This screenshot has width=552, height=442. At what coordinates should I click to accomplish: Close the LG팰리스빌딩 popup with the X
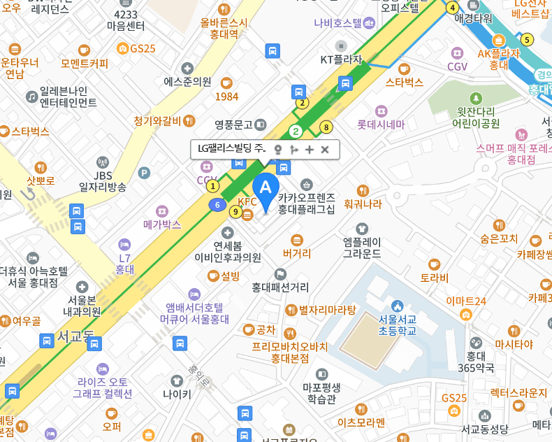[325, 149]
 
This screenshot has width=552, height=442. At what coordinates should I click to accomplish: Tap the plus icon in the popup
[310, 149]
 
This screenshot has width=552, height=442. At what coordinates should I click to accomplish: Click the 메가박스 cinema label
[162, 224]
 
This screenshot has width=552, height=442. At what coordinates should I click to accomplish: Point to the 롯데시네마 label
[381, 124]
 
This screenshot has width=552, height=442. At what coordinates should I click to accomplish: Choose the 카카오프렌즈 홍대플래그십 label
[306, 203]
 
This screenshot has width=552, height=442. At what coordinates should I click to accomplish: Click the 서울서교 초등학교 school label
[398, 325]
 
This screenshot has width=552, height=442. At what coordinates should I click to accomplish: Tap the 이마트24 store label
[466, 301]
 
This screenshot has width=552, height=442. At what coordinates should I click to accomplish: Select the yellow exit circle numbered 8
[326, 127]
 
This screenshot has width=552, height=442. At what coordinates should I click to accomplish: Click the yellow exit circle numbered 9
[236, 212]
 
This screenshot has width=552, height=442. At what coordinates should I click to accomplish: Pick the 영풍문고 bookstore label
[233, 124]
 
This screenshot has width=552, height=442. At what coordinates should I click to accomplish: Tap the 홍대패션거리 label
[280, 286]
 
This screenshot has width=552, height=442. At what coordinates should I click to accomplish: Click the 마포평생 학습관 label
[321, 392]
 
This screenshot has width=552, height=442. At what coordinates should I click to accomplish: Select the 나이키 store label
[177, 393]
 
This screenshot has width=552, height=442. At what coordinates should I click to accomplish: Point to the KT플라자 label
[341, 59]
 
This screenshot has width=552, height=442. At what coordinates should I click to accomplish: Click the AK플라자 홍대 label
[499, 59]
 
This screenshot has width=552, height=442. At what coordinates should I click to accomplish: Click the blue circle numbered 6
[218, 205]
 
